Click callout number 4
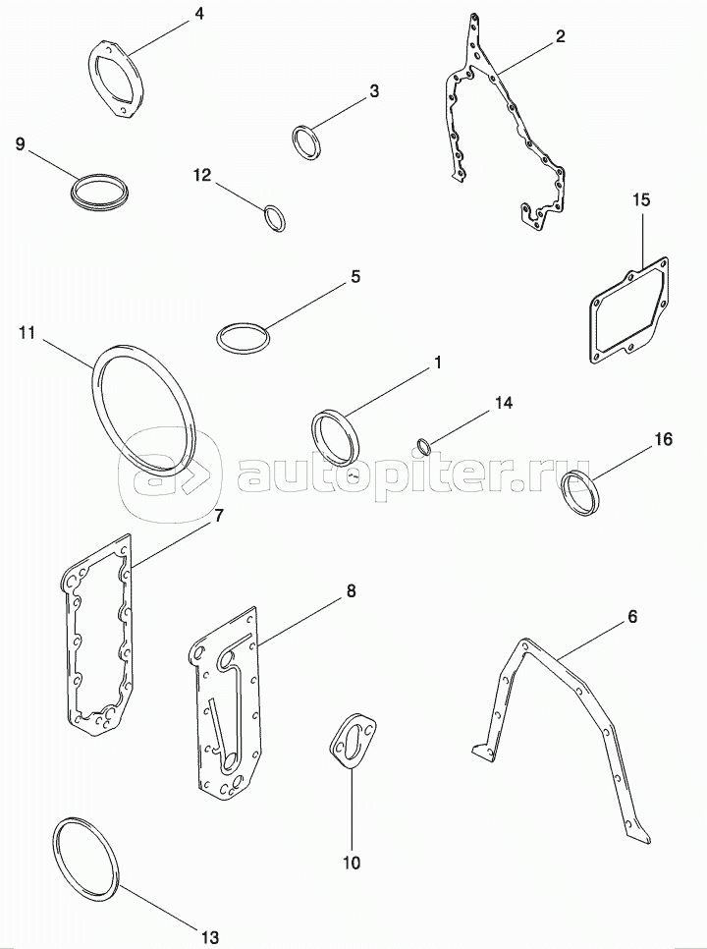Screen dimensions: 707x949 (198, 14)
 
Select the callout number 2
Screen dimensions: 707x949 (561, 36)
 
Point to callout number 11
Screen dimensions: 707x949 (27, 333)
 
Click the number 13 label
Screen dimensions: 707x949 (210, 937)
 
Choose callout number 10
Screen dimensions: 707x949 (352, 863)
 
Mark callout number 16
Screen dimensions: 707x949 (664, 439)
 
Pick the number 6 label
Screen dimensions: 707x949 (632, 617)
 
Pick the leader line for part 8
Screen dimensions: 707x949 (301, 622)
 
